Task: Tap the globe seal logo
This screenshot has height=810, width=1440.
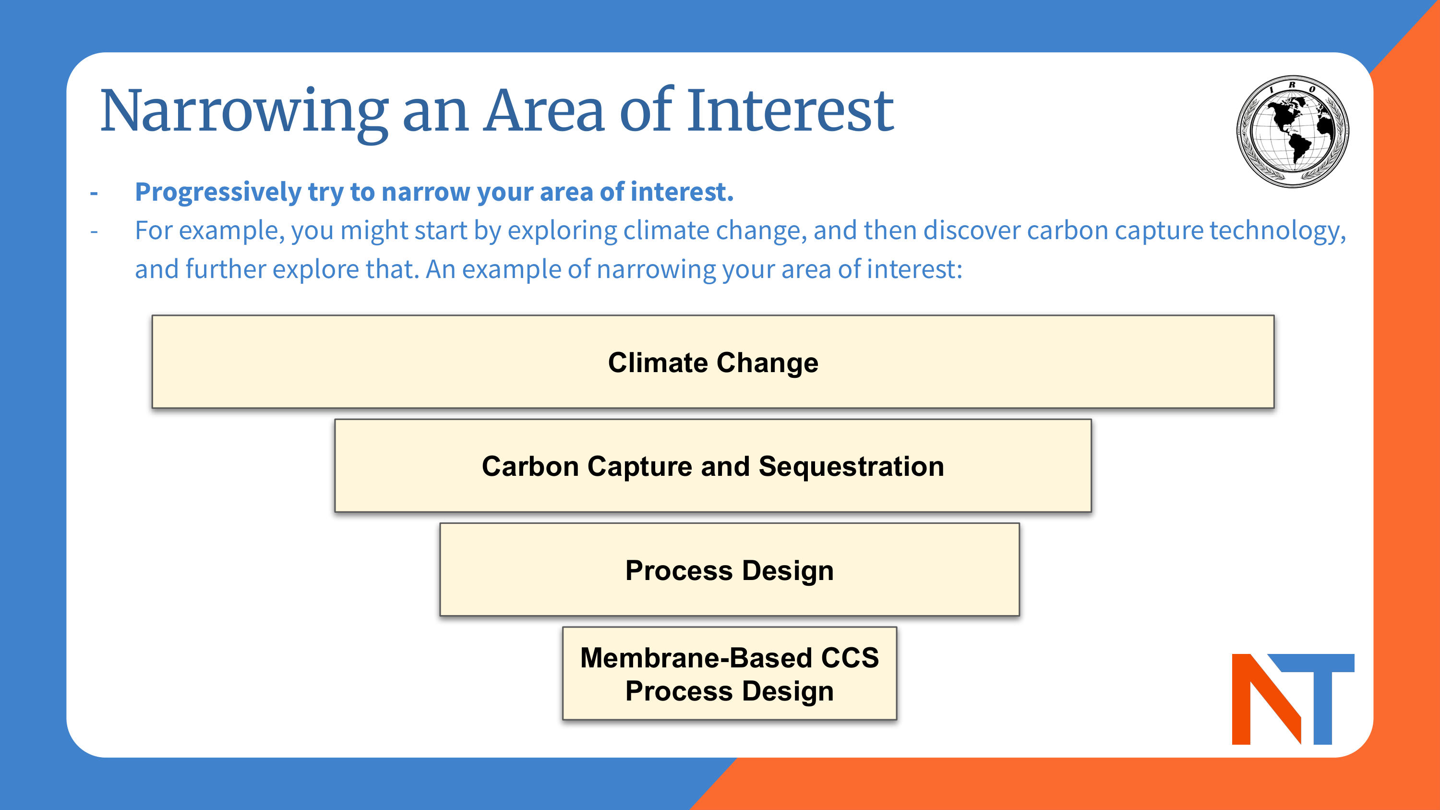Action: (1293, 132)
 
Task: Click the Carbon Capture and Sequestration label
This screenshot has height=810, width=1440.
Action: (713, 466)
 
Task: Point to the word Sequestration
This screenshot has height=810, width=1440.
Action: (851, 466)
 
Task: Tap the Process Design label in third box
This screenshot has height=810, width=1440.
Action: (730, 570)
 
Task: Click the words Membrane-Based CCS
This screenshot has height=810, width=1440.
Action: (730, 657)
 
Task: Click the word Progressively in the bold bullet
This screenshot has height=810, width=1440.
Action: (218, 193)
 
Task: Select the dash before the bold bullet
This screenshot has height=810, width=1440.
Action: (94, 193)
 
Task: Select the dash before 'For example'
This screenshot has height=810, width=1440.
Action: (94, 231)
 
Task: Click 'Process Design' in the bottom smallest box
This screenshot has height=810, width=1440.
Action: (730, 691)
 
